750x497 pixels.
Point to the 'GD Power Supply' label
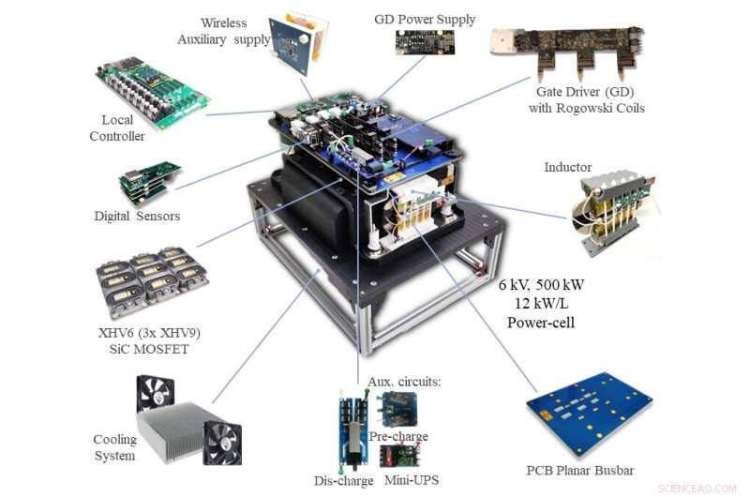click(x=425, y=19)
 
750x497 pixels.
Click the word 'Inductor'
click(x=568, y=167)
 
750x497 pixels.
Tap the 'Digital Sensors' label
click(x=137, y=216)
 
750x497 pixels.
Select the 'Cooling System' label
click(x=114, y=447)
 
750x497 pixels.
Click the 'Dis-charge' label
click(x=343, y=480)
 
